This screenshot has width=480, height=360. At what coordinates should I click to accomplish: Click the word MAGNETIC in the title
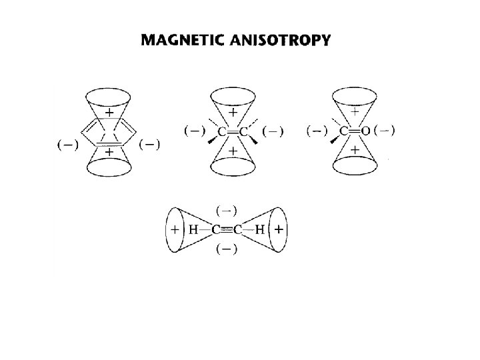[181, 41]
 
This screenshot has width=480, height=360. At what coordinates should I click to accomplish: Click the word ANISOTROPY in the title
[280, 41]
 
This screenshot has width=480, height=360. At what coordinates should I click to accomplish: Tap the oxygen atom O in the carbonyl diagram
[365, 131]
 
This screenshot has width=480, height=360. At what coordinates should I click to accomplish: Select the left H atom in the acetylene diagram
[193, 230]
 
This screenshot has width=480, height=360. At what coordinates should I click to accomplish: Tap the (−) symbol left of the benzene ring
[66, 145]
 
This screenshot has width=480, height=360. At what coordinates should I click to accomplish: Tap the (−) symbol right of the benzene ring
[149, 145]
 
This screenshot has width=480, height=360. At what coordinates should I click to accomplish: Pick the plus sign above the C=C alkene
[233, 113]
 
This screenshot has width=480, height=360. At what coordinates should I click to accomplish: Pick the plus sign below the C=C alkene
[233, 152]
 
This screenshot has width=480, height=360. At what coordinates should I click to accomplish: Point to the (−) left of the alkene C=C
[194, 131]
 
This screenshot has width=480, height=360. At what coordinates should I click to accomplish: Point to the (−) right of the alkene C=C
[272, 131]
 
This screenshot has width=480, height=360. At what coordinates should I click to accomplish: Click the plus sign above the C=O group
[355, 111]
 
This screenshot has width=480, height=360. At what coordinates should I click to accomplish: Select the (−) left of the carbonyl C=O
[317, 131]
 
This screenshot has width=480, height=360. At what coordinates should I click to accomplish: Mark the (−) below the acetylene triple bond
[227, 249]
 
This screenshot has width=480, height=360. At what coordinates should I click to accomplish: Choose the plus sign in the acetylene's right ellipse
[279, 230]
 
